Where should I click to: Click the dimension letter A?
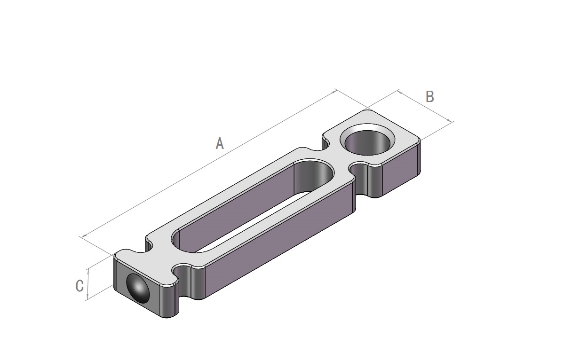pyautogui.click(x=220, y=144)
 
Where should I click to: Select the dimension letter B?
pyautogui.click(x=430, y=97)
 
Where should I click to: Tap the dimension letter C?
pyautogui.click(x=79, y=286)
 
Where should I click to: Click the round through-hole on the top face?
pyautogui.click(x=367, y=142)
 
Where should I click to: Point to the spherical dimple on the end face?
pyautogui.click(x=137, y=289)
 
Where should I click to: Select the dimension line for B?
pyautogui.click(x=426, y=106)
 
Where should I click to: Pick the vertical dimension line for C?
pyautogui.click(x=88, y=283)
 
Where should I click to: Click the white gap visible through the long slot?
pyautogui.click(x=254, y=223)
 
